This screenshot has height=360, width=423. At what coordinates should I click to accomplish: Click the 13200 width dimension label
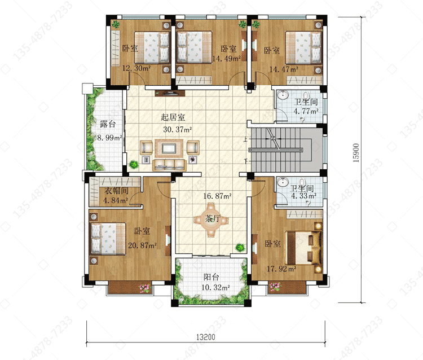coord(205,337)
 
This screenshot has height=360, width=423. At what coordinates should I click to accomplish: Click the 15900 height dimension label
coord(356,153)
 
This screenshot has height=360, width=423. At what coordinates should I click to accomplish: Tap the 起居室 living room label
coord(173,117)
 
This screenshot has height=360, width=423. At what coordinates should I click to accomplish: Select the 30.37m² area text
coord(177,130)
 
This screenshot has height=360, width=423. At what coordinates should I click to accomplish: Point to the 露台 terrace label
coord(108,124)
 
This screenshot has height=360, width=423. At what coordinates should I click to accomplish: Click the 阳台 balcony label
coord(211,277)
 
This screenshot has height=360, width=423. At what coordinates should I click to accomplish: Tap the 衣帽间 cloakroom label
coord(117,191)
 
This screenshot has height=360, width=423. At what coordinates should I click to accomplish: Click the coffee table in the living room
coord(169,148)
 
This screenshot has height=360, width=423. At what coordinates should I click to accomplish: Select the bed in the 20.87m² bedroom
coord(108,239)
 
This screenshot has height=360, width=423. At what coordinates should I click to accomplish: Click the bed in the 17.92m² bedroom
coord(305,248)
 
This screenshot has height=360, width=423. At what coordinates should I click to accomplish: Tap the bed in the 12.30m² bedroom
coord(152,47)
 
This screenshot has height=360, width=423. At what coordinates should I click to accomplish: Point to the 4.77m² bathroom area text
coord(306,111)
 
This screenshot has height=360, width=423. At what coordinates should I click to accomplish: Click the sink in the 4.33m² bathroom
coord(283,181)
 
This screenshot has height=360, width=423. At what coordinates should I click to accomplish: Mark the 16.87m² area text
coord(217,196)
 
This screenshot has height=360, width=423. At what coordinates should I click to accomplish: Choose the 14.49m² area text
coord(226,59)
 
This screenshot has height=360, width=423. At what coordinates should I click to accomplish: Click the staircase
coord(285,150)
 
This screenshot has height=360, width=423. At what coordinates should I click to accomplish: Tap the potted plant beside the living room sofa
coord(134,164)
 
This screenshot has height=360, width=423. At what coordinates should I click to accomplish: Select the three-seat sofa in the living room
coord(169,165)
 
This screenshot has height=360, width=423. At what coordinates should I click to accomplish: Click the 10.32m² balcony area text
coord(215,288)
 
